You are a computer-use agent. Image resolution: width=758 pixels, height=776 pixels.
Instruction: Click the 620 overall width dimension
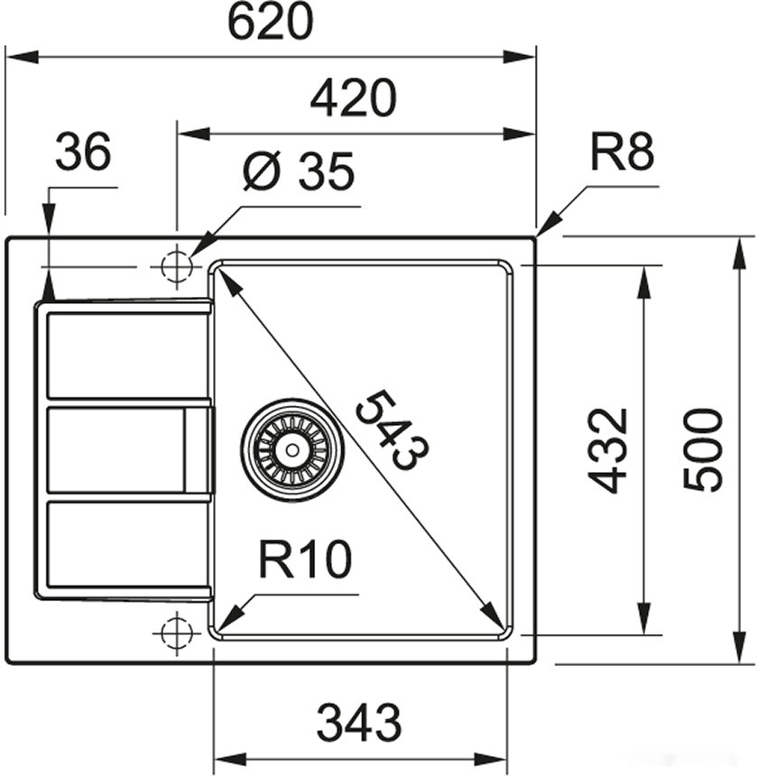[x=270, y=23]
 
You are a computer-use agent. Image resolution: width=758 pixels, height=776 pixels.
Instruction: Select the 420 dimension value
[x=353, y=98]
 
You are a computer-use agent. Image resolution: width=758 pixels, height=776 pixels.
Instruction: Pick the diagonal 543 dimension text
[x=391, y=430]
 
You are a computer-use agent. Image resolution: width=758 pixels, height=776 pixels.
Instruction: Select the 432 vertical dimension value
[x=608, y=449]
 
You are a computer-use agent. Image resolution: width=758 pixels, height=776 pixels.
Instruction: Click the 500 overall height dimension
[x=703, y=449]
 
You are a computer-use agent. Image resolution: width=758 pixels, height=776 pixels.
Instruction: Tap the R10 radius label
[x=304, y=560]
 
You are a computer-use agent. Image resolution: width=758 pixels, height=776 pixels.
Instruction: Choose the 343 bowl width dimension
[x=359, y=723]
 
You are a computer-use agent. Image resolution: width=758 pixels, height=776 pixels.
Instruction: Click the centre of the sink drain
[x=291, y=449]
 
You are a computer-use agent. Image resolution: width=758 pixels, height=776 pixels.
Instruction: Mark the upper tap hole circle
[x=176, y=267]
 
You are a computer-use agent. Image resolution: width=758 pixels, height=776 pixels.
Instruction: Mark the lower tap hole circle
[x=176, y=632]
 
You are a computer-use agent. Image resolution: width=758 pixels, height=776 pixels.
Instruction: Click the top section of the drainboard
[x=126, y=355]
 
